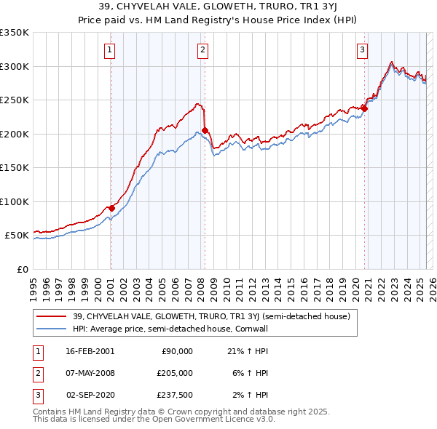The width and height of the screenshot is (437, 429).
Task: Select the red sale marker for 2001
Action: (111, 208)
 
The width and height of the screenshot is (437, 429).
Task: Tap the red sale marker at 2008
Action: (205, 130)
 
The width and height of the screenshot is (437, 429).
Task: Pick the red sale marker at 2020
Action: (364, 108)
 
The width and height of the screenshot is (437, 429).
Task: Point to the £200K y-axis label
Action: (15, 134)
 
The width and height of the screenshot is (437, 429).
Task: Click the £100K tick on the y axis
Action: (15, 201)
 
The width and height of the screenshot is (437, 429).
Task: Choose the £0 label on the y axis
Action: (22, 269)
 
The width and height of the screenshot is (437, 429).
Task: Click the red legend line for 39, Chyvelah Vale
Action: (51, 316)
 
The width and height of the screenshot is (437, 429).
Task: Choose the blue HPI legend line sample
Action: (51, 329)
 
